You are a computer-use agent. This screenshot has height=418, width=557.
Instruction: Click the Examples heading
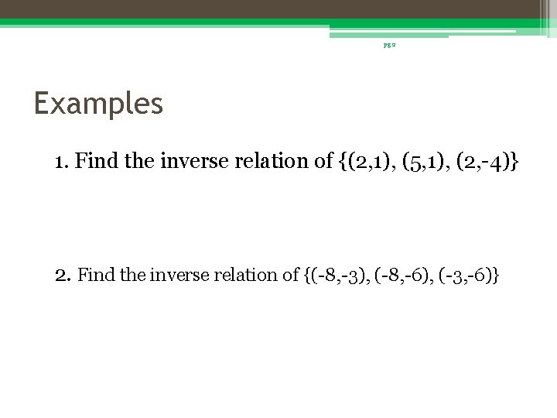pos(98,103)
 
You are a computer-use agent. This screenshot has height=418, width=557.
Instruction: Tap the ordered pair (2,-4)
pos(487,162)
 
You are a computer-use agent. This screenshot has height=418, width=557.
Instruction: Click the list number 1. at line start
pos(63,162)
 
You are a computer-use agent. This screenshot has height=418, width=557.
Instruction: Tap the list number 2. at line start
pos(64,274)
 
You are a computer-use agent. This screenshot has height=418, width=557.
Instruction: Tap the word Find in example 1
pos(96,162)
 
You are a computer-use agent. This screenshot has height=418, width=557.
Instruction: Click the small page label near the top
pos(388,46)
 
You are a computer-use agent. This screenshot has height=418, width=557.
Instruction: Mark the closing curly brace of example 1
pos(515,162)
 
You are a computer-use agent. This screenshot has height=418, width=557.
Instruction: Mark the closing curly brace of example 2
pos(495,274)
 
